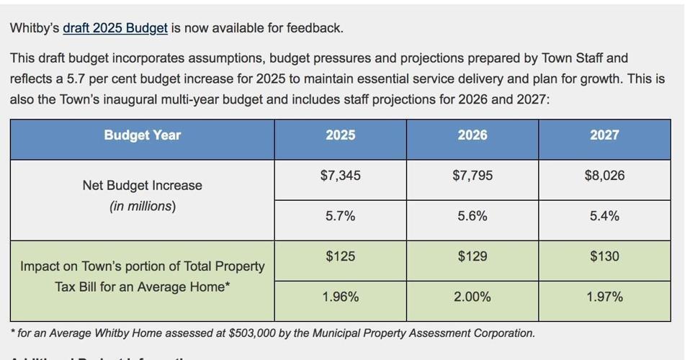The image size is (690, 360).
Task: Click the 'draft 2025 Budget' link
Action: tap(115, 28)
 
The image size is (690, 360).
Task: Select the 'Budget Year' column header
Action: tap(142, 135)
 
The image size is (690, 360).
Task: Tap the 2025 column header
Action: tap(340, 135)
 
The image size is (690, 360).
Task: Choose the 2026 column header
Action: tap(472, 135)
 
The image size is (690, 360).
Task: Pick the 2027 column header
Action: tap(604, 135)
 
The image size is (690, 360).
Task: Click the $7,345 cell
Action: tap(340, 175)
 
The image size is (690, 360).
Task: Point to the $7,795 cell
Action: tap(472, 175)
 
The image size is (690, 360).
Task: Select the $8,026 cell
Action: tap(604, 175)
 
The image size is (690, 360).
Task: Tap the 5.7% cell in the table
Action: tap(340, 216)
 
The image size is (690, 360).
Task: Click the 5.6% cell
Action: tap(472, 216)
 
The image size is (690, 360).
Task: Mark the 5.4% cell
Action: tap(604, 216)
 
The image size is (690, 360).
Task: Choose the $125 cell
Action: tap(340, 256)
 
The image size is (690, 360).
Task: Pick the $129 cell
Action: tap(472, 256)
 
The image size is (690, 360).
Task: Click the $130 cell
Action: tap(604, 256)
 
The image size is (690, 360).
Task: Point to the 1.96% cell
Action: tap(340, 297)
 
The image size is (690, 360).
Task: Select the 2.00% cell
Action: tap(472, 297)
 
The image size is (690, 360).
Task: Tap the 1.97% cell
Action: tap(604, 297)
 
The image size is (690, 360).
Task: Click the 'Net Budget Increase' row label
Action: tap(142, 186)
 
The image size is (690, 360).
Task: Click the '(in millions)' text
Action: tap(142, 207)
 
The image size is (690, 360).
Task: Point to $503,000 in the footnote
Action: tap(255, 333)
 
